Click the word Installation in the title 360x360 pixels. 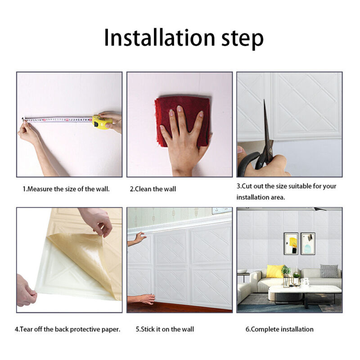click(159, 37)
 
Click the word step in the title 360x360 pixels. click(243, 40)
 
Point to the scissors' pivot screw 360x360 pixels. click(270, 150)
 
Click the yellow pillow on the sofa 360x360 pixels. click(275, 271)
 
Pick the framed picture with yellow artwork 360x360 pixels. click(291, 243)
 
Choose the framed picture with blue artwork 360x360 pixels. click(308, 243)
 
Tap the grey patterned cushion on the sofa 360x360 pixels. click(329, 271)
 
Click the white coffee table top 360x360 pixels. click(305, 289)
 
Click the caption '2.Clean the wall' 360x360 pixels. click(153, 189)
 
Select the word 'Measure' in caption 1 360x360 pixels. click(40, 189)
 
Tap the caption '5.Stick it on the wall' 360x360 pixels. click(165, 329)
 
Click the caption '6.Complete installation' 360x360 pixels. click(279, 329)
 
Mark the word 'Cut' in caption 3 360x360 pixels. click(247, 186)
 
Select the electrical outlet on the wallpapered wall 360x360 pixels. click(221, 210)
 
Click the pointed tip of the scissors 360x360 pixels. click(264, 100)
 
